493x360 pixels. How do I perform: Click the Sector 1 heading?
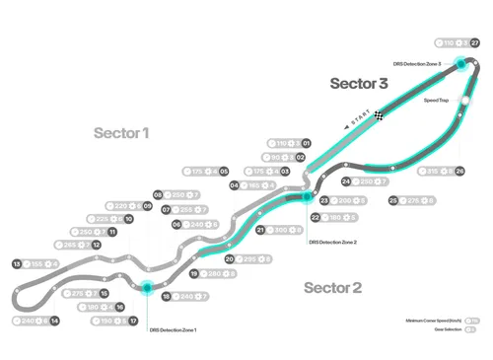[121, 132]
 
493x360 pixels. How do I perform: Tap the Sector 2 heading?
[332, 288]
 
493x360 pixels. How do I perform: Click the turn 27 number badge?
[475, 43]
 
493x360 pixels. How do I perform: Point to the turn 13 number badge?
[16, 264]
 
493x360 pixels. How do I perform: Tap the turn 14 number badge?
[55, 321]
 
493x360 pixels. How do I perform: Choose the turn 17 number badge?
[133, 321]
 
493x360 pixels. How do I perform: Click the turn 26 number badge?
[460, 171]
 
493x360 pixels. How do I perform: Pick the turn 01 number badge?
[307, 143]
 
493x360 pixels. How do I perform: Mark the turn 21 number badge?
[259, 230]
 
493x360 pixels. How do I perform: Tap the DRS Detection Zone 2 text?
[332, 242]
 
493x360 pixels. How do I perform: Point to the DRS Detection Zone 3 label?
[421, 64]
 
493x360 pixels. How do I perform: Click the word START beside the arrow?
[352, 122]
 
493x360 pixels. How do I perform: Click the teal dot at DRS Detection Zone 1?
[146, 288]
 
